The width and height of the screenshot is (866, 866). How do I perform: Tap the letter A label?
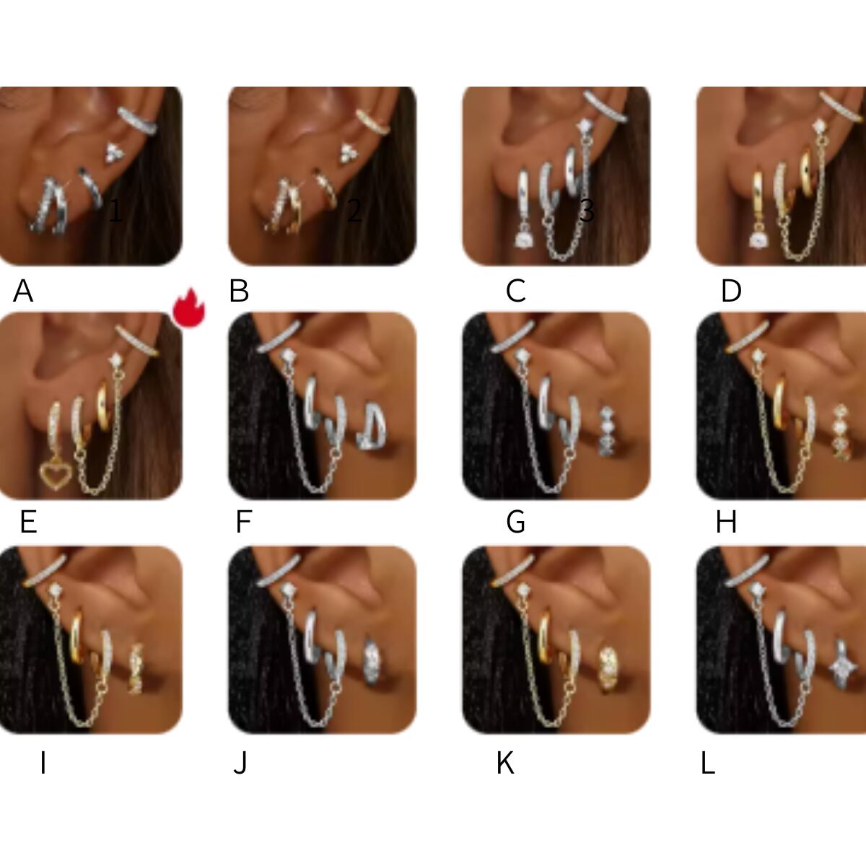(23, 291)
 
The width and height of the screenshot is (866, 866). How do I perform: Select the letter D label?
(731, 291)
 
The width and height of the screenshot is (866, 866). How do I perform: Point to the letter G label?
(515, 522)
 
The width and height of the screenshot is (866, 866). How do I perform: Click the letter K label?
(505, 763)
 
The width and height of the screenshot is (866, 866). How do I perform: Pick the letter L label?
(708, 763)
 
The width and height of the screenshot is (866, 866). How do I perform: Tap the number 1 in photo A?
(115, 210)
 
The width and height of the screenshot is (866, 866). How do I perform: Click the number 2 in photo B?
(354, 210)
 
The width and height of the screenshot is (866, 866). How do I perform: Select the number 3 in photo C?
(587, 210)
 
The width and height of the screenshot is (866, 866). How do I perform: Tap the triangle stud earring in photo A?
(115, 152)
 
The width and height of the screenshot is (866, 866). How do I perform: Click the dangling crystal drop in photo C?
(523, 237)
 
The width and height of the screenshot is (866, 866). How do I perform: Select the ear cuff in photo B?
(373, 122)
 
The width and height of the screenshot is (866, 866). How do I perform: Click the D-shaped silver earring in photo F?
(372, 427)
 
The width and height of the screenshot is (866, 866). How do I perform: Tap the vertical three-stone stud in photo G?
(607, 432)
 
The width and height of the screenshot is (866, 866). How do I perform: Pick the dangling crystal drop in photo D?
(759, 237)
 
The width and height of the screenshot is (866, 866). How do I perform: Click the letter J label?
(240, 763)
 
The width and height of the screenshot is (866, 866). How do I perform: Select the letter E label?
(28, 522)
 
